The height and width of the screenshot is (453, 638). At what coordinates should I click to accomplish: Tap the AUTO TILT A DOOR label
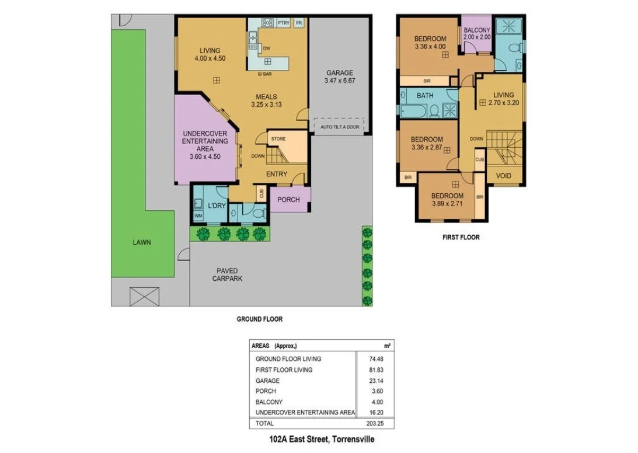point(340,127)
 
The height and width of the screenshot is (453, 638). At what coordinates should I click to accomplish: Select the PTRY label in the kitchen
point(284,23)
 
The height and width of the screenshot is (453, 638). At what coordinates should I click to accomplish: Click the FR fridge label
point(299,23)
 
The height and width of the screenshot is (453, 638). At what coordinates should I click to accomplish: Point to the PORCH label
point(288,200)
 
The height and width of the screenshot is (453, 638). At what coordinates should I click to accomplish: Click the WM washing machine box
point(198,217)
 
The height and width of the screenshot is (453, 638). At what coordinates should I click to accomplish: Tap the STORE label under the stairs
point(278,139)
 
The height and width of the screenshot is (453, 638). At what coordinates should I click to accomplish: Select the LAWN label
point(141,242)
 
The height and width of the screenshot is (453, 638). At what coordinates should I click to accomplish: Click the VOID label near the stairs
point(504,176)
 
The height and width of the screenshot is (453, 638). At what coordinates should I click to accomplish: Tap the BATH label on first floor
point(425,95)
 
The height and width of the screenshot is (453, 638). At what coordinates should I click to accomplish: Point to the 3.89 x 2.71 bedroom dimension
point(447,204)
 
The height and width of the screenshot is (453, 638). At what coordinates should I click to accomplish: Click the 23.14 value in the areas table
point(385,381)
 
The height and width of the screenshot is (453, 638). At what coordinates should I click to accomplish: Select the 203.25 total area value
point(384,423)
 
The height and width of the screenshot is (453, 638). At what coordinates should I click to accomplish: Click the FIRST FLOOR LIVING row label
point(284,370)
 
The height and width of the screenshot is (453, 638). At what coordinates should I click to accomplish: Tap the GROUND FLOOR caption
point(259,319)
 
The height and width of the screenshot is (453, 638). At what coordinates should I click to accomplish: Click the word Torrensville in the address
point(354,439)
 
